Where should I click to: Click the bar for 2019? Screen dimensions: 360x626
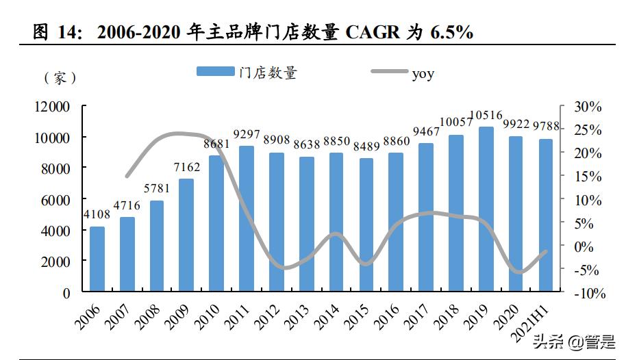(x=486, y=209)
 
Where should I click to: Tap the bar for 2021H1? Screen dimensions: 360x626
(x=545, y=216)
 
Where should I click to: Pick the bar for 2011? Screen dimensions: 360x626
(x=247, y=219)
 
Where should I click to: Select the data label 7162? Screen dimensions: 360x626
(x=187, y=168)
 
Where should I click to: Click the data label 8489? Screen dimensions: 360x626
(x=366, y=146)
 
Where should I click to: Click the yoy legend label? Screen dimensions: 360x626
(x=423, y=73)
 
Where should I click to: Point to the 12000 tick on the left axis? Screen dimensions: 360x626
(x=52, y=107)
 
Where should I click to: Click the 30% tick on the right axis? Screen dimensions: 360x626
(x=588, y=107)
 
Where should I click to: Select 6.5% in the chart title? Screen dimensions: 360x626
(x=451, y=31)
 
